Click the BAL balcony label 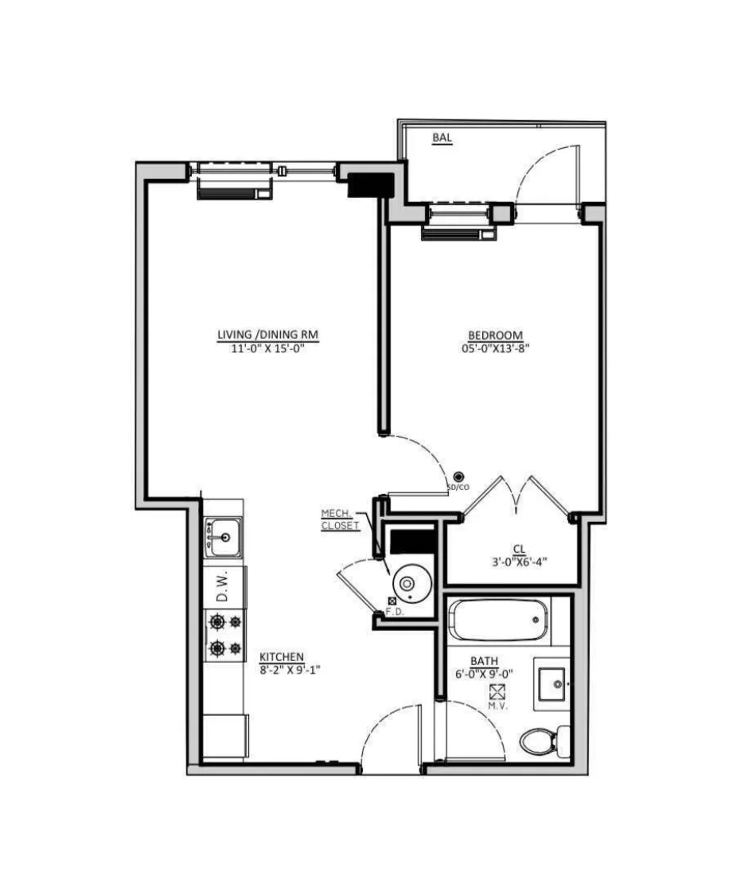point(442,138)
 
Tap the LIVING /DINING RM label point(268,335)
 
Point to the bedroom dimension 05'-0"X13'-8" point(495,348)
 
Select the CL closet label point(519,549)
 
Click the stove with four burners point(224,635)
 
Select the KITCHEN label point(282,657)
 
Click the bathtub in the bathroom point(499,621)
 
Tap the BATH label point(484,661)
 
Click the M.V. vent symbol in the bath point(499,691)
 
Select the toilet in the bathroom point(543,740)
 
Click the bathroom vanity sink point(551,682)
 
